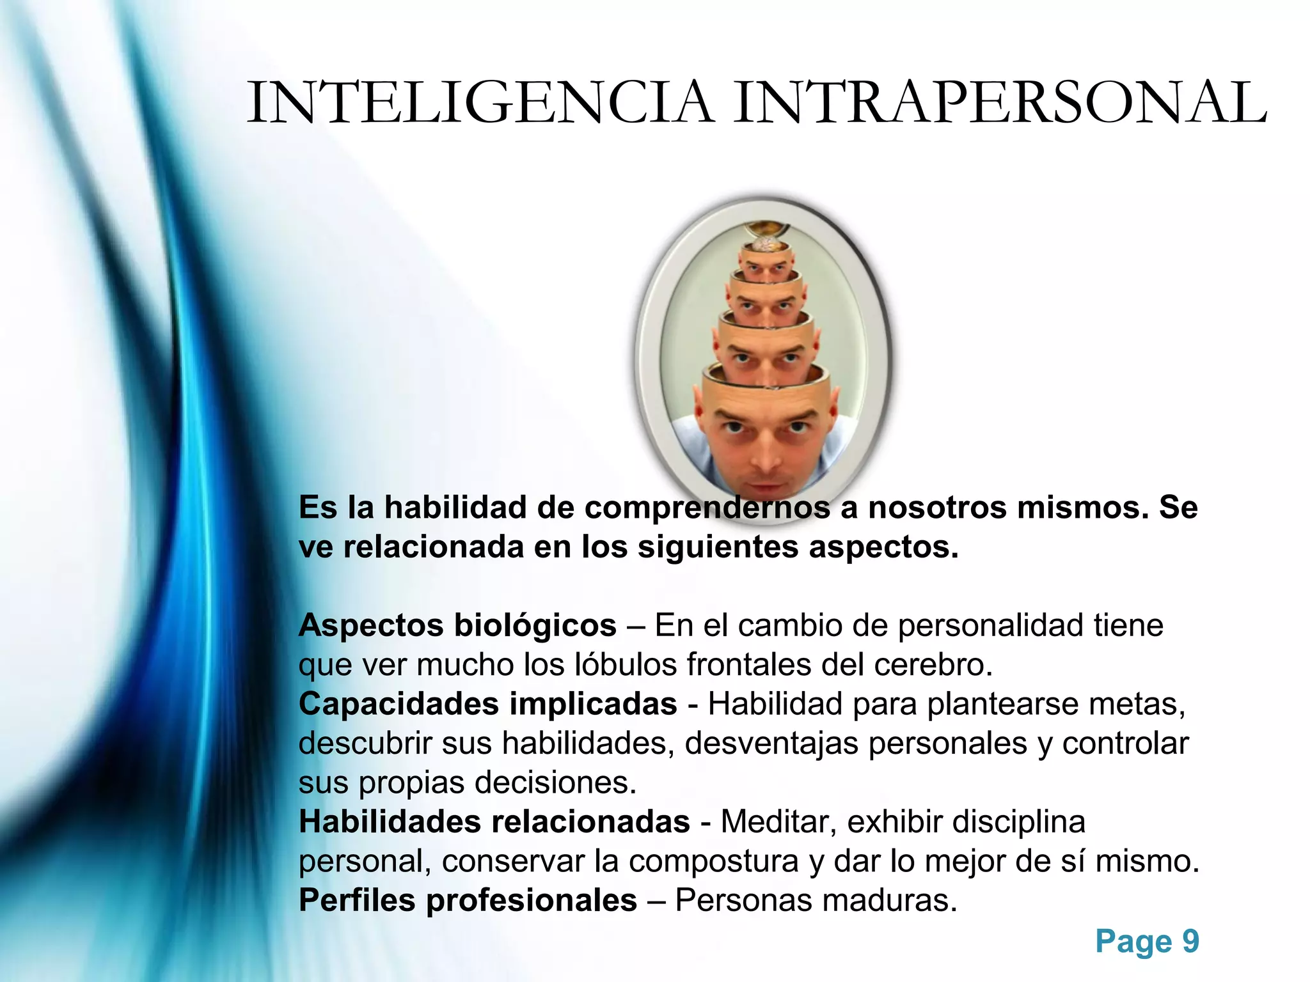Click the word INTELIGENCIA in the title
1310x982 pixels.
(480, 102)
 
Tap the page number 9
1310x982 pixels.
(1190, 941)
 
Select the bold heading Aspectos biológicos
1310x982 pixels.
(457, 625)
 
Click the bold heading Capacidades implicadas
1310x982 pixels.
(487, 704)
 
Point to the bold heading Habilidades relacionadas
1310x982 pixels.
(494, 822)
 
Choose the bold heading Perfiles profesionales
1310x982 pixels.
(468, 900)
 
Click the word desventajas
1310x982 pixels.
(771, 744)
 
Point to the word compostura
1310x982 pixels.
(713, 861)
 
